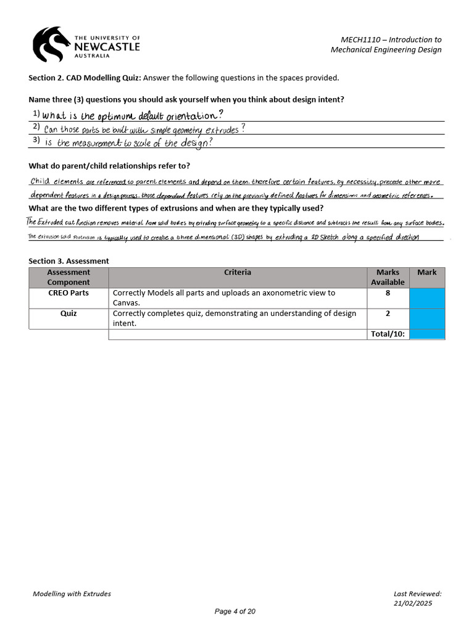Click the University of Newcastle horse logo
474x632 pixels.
[52, 43]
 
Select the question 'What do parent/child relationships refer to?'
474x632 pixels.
[109, 166]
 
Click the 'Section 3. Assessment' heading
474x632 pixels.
[69, 261]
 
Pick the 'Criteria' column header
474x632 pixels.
[238, 272]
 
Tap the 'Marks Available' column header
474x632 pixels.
[388, 277]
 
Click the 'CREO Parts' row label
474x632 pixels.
[69, 293]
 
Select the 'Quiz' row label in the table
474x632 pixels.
[69, 314]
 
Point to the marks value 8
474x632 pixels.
[388, 293]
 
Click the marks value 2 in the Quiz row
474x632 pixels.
[388, 314]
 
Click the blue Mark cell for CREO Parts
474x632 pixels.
[426, 297]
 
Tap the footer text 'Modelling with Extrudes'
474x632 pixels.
[72, 594]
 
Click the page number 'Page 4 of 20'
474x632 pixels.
[235, 612]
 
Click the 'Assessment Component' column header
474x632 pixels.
[69, 277]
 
